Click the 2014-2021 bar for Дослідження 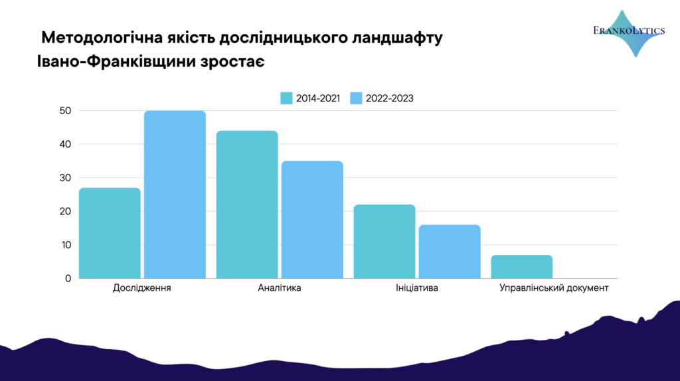click(x=110, y=233)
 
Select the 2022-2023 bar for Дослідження click(x=175, y=194)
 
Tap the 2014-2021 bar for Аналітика click(x=247, y=204)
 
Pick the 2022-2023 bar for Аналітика click(x=312, y=219)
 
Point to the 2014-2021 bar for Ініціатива click(x=384, y=242)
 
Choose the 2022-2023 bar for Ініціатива click(x=450, y=252)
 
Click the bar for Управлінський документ click(x=522, y=267)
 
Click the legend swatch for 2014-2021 click(x=286, y=98)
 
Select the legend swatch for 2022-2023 click(x=356, y=98)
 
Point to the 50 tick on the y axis click(x=66, y=111)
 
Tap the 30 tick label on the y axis click(x=66, y=178)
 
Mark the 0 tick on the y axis click(x=68, y=279)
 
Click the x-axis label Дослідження click(x=142, y=288)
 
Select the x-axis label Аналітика click(x=280, y=288)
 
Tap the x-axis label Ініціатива click(x=417, y=288)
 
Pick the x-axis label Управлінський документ click(x=554, y=288)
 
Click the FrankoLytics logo click(x=630, y=33)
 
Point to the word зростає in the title click(x=232, y=62)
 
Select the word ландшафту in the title click(x=397, y=38)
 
